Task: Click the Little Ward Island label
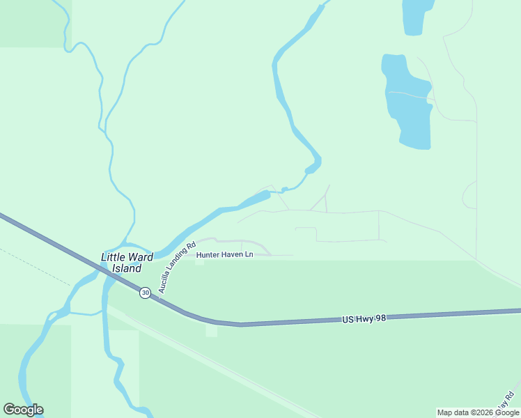(x=122, y=263)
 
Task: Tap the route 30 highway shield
(x=144, y=293)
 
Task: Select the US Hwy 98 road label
(x=364, y=318)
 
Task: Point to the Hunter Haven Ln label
(x=224, y=255)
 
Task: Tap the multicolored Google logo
(x=23, y=410)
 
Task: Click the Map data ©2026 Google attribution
(x=478, y=412)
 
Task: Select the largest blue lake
(x=407, y=101)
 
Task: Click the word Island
(x=127, y=268)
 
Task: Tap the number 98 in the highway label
(x=380, y=318)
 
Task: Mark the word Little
(x=114, y=257)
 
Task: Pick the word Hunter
(x=208, y=255)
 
